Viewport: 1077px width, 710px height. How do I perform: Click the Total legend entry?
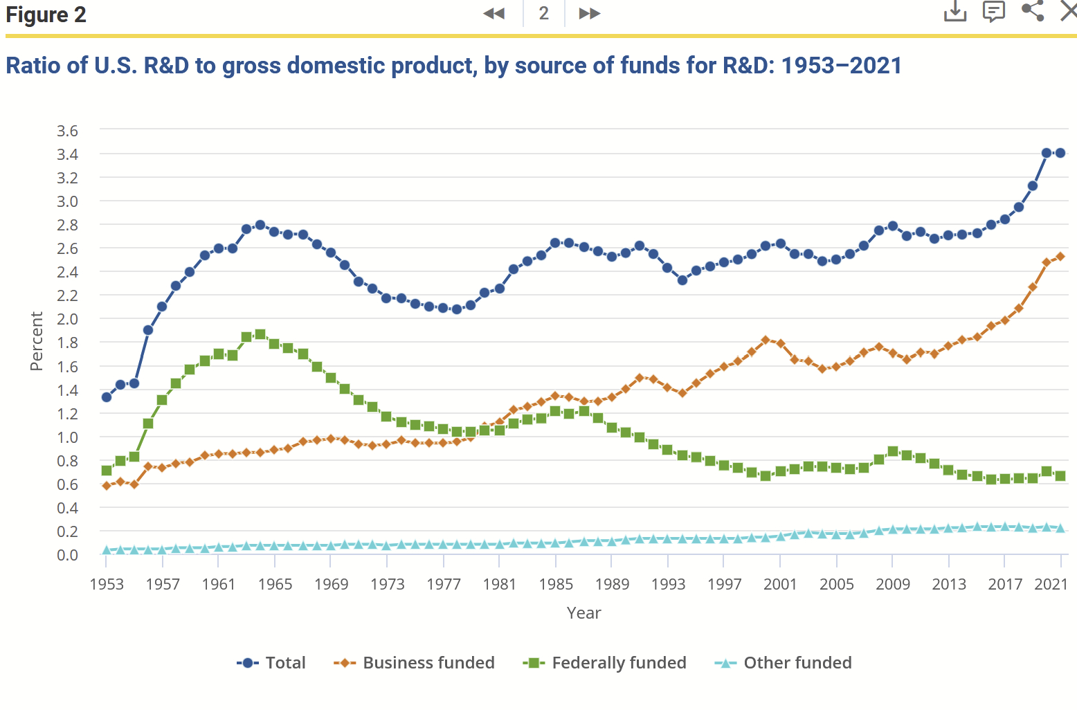271,663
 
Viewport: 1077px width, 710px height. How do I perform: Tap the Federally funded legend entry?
604,663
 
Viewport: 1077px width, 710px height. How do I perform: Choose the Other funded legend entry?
783,663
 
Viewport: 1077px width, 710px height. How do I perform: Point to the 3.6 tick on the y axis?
67,131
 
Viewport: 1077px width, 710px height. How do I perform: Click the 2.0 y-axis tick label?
67,319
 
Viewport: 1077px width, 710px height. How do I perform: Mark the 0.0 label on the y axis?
67,555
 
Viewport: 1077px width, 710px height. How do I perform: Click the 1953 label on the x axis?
107,584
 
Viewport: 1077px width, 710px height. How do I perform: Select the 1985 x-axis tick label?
556,584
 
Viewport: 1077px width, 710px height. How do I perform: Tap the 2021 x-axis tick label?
1051,584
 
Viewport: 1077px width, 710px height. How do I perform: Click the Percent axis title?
37,341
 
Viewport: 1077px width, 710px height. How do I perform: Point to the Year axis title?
583,613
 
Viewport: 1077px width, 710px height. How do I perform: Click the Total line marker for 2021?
1060,153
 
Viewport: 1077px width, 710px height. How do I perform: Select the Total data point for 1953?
107,397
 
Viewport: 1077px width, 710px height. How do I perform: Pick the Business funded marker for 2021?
1060,257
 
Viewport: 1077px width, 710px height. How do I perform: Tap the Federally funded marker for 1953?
107,471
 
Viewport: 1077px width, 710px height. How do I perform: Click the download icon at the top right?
955,11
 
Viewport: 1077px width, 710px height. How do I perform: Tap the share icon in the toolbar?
1033,11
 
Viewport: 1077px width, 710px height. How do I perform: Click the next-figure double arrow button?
589,13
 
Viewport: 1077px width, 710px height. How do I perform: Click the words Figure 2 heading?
46,15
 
